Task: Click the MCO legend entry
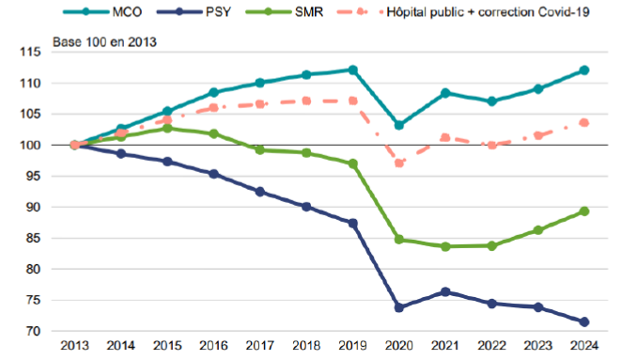click(x=102, y=12)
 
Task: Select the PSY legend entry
click(x=194, y=12)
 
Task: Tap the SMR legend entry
click(x=285, y=12)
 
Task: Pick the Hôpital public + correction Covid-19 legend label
click(x=488, y=12)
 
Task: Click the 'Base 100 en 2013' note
click(x=104, y=42)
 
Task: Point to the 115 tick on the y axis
click(x=30, y=52)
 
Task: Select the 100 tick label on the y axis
click(x=30, y=145)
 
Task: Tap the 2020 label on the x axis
click(x=399, y=346)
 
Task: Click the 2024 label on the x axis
click(x=584, y=346)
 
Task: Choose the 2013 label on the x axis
click(x=74, y=346)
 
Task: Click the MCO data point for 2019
click(x=352, y=70)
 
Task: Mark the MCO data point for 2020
click(x=399, y=126)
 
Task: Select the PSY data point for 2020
click(x=399, y=307)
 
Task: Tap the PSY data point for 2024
click(x=584, y=322)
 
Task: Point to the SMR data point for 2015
click(x=167, y=129)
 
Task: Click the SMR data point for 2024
click(x=584, y=211)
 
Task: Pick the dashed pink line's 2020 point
click(x=399, y=163)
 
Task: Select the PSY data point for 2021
click(x=445, y=292)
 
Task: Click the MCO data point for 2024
click(x=584, y=70)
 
